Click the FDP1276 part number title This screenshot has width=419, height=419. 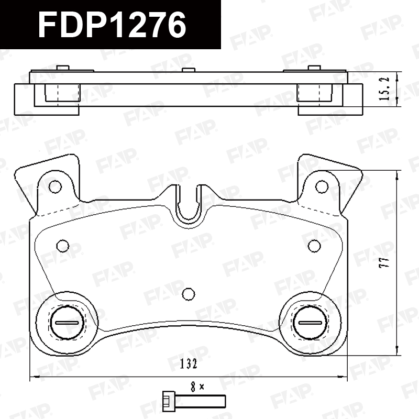coord(112,25)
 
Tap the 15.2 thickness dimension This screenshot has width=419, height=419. coord(384,89)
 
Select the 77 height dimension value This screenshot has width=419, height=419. coord(384,262)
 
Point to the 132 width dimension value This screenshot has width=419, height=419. coord(188,364)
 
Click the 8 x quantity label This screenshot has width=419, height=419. coord(197,387)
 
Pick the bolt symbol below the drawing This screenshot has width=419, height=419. coord(194,401)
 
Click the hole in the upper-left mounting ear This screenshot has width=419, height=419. coord(56,186)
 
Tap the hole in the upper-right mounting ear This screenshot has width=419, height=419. coord(322,186)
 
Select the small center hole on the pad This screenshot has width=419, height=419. coord(189,294)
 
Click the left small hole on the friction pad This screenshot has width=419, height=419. coord(63,246)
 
